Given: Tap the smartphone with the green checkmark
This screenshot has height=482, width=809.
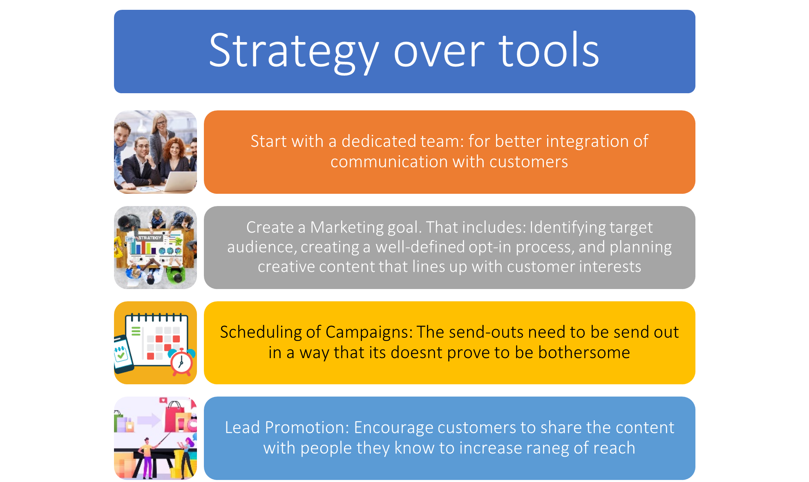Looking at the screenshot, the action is pos(123,354).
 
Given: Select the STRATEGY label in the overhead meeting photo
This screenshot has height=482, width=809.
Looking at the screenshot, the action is pos(150,238).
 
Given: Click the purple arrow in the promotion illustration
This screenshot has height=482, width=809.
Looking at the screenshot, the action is pos(149,419).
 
